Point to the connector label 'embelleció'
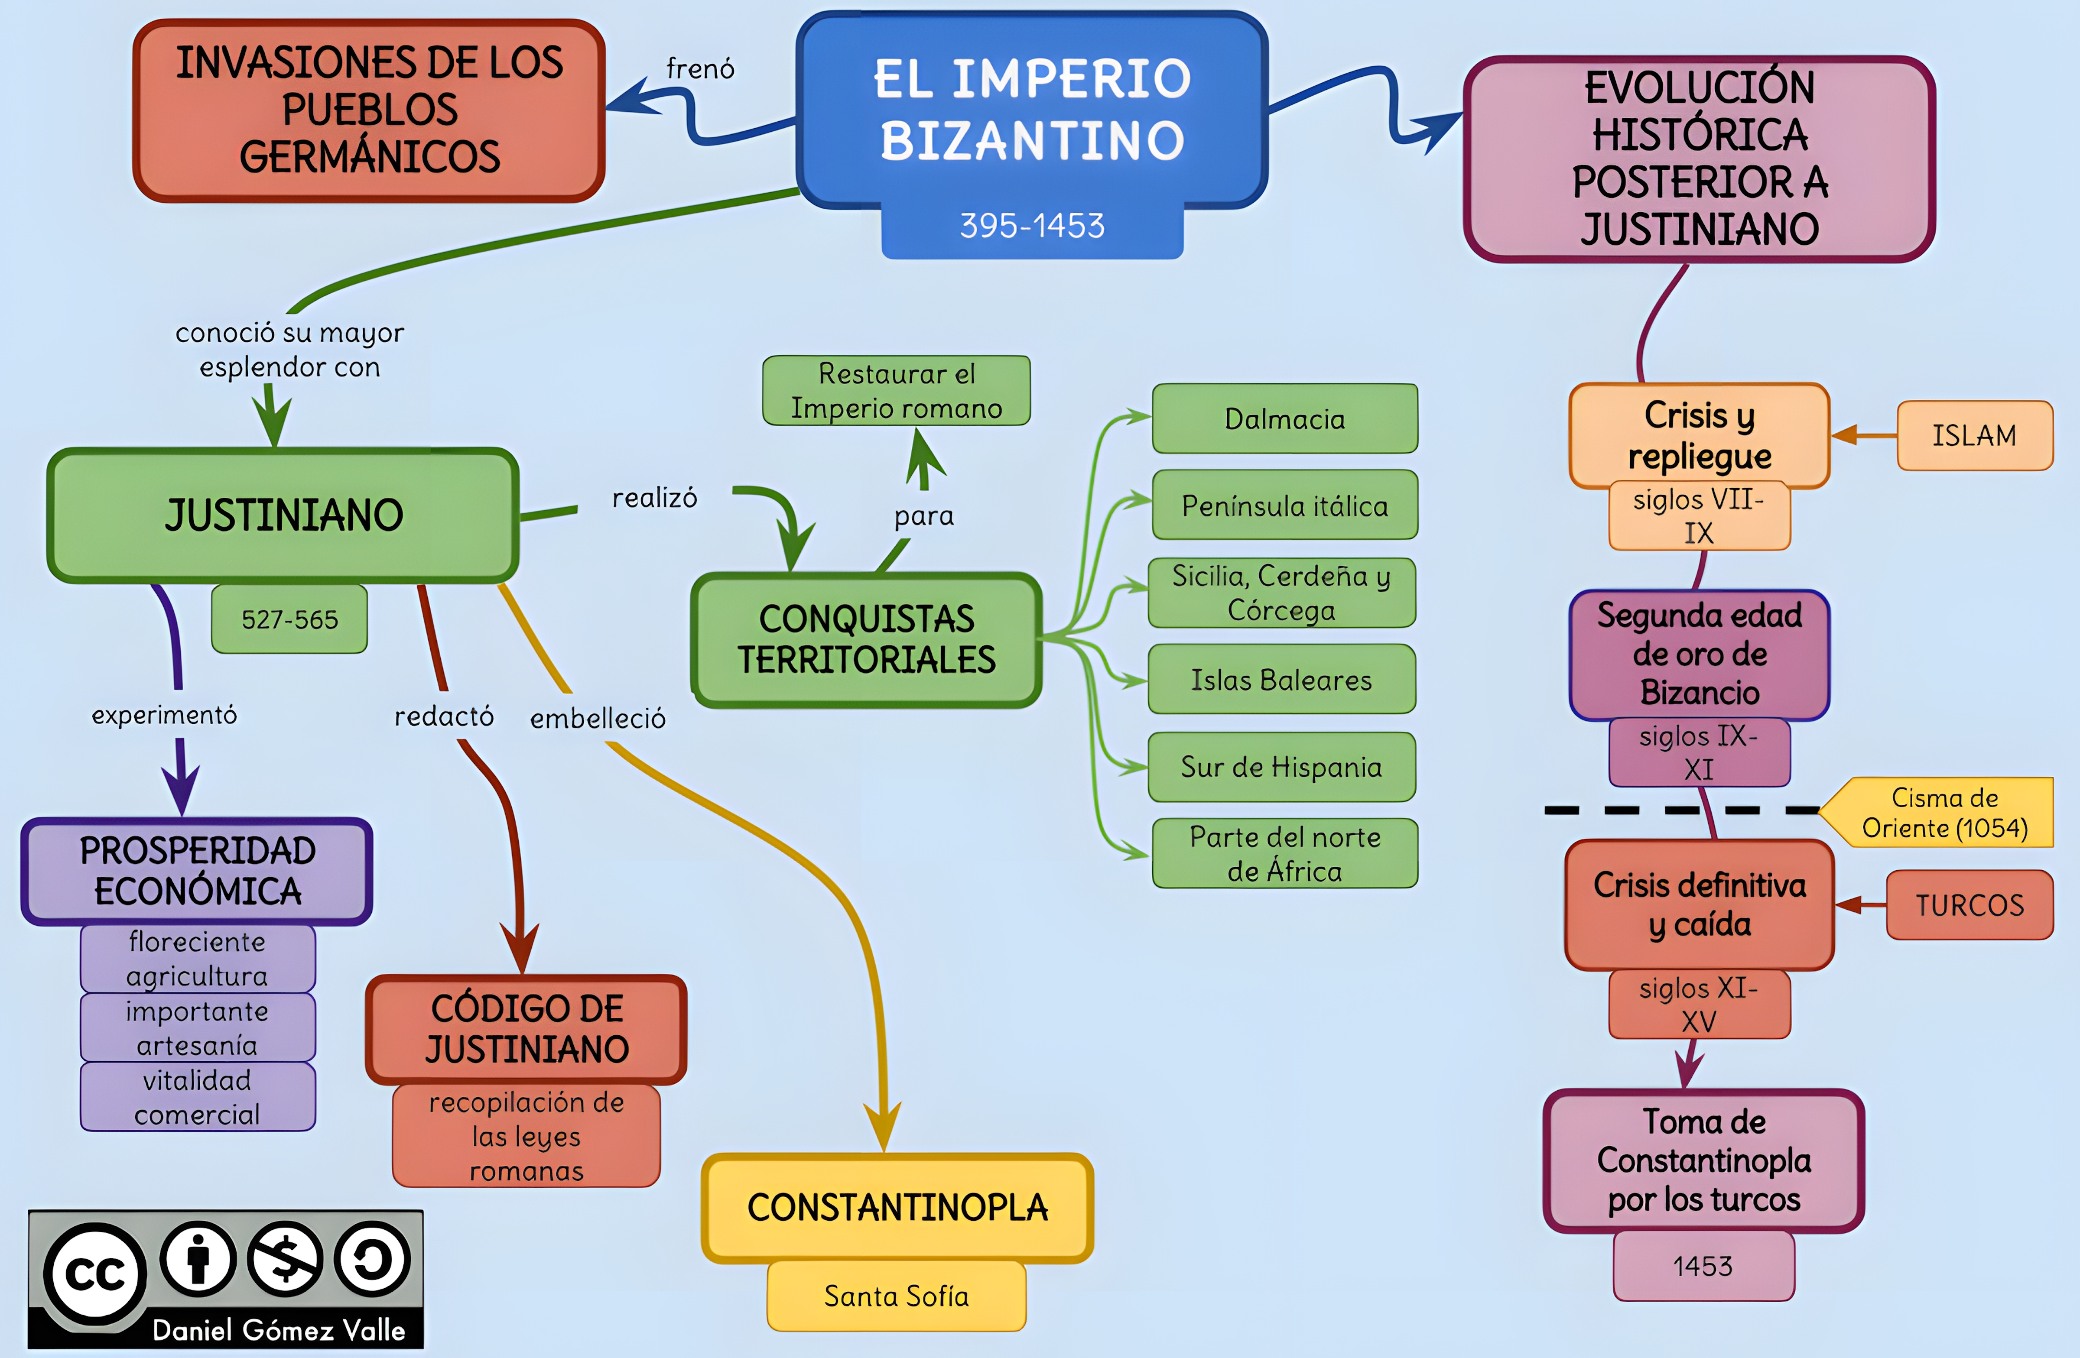point(598,718)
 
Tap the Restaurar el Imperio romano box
point(896,391)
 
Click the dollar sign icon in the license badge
point(285,1259)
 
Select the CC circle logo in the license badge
point(95,1273)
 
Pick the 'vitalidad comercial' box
point(198,1097)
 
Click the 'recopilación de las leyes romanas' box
point(526,1136)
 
